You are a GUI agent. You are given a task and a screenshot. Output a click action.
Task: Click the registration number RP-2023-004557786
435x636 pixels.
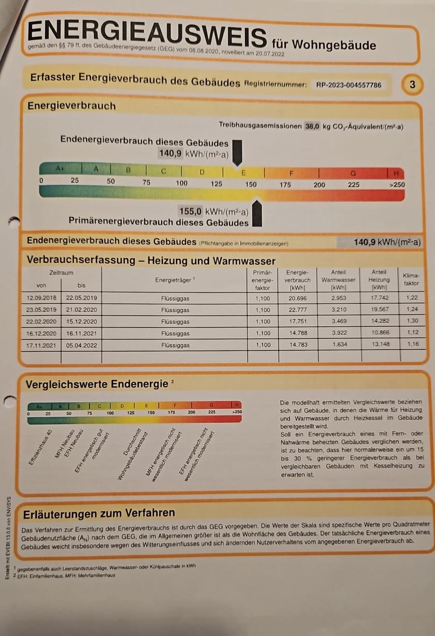(348, 85)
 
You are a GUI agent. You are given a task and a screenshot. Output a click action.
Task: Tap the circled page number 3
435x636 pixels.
(412, 85)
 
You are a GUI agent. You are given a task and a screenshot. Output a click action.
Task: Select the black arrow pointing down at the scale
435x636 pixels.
(237, 152)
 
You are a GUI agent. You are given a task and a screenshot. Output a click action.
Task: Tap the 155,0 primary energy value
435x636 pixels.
(191, 211)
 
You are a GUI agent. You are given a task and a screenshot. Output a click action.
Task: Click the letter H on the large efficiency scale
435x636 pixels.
(396, 173)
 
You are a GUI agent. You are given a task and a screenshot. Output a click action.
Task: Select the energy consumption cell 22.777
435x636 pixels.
(298, 310)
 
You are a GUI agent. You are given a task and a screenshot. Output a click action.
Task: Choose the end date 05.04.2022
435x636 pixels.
(80, 345)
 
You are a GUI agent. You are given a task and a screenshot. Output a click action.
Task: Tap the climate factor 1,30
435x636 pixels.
(412, 321)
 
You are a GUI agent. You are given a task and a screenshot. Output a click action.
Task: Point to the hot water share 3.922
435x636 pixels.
(339, 333)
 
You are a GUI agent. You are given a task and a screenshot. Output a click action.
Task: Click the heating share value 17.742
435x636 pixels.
(379, 298)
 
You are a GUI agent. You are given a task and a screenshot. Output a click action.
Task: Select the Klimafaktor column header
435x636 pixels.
(411, 279)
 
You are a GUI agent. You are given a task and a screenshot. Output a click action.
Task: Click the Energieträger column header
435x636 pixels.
(174, 280)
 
